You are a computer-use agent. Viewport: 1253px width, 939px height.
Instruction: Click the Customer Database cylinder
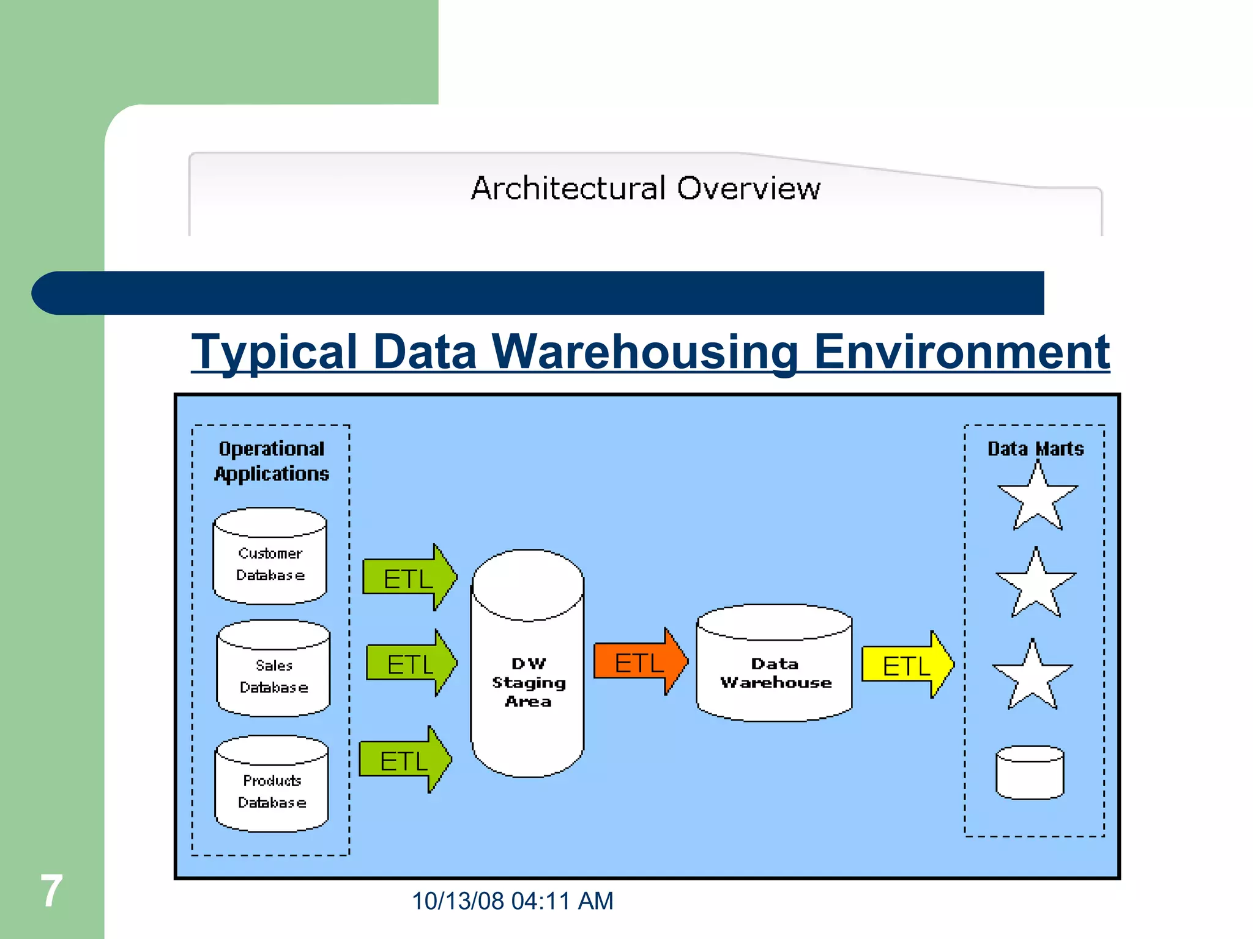(270, 556)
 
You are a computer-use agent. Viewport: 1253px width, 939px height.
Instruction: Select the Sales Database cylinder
(273, 669)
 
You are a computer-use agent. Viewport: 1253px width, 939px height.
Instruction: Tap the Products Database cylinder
(272, 784)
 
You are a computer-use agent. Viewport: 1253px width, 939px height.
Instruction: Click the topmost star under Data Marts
(1038, 499)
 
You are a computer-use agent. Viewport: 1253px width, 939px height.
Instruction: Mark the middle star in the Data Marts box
(1036, 586)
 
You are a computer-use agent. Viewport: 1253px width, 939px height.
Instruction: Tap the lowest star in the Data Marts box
(1033, 677)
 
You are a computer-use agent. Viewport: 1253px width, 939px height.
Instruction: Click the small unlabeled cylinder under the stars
(1030, 773)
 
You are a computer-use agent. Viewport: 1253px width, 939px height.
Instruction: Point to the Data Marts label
(1036, 449)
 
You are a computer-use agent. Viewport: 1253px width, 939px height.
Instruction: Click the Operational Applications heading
(272, 461)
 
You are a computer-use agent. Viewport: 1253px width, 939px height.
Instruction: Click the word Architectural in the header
(568, 188)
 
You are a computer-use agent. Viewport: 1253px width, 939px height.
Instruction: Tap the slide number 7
(51, 891)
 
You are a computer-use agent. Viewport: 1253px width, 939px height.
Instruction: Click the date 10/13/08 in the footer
(458, 901)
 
